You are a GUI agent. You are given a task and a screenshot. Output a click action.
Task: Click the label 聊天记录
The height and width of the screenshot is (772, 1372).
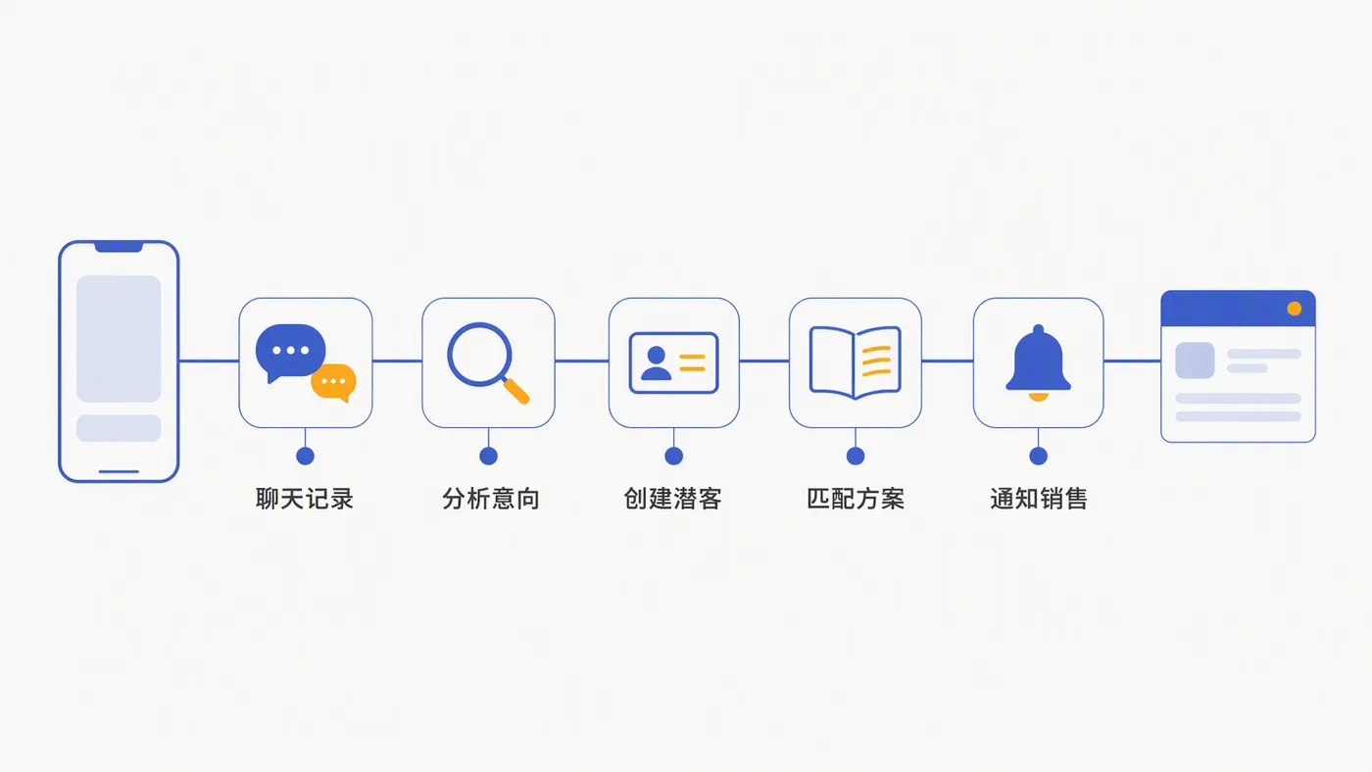pos(305,499)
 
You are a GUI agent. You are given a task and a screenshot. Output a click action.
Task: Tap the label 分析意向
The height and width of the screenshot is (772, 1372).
pos(491,499)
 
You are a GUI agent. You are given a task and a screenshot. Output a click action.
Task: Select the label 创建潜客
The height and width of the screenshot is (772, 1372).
pos(673,499)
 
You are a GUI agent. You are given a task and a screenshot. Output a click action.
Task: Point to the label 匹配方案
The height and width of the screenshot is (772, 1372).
pos(856,499)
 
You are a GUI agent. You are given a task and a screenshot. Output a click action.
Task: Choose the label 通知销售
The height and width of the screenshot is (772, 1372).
pos(1039,499)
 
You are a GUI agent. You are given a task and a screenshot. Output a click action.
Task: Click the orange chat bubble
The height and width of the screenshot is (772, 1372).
pos(334,382)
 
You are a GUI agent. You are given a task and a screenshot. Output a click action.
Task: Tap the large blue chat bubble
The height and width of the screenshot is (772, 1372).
pos(290,351)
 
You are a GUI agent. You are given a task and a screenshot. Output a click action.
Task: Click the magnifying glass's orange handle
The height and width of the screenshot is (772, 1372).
pos(516,391)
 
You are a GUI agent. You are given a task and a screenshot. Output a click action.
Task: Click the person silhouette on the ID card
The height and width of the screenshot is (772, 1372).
pos(656,363)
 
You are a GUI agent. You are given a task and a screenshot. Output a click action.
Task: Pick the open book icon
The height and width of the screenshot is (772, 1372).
pos(855,362)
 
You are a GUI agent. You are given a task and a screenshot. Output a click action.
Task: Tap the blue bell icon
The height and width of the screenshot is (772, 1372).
pos(1038,362)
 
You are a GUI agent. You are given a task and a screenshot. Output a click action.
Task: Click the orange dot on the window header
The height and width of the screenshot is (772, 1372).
pos(1295,309)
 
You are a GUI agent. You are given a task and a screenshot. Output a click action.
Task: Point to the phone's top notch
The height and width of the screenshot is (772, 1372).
pos(119,247)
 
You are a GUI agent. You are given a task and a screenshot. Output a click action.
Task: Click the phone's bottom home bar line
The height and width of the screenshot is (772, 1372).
pos(119,471)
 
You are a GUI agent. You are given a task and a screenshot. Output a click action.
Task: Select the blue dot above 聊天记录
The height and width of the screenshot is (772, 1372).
pos(305,457)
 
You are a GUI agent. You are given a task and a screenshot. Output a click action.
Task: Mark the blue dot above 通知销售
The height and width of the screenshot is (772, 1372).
pos(1038,457)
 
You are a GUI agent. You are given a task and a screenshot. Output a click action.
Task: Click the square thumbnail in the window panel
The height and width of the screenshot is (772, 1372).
pos(1195,361)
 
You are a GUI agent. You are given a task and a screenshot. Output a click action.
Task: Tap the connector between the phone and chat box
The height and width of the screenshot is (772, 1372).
pos(209,362)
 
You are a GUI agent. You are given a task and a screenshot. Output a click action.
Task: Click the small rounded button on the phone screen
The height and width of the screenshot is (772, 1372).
pos(119,428)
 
